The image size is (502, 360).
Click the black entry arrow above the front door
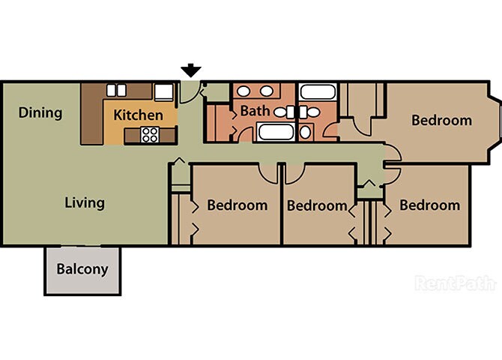tap(191, 70)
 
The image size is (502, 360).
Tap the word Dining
tap(40, 112)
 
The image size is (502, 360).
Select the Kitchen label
tap(139, 115)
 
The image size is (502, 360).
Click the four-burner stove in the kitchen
tap(150, 135)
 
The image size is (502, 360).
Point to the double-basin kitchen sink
tap(116, 90)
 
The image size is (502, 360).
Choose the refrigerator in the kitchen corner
tap(164, 92)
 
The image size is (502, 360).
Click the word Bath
tap(255, 111)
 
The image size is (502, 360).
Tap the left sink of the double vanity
tap(244, 91)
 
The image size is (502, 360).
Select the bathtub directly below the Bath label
tap(276, 132)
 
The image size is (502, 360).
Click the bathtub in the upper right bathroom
tap(318, 92)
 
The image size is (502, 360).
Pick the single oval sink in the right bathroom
tap(306, 132)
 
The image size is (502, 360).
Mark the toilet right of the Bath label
tap(284, 112)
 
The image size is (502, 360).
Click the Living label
tap(85, 203)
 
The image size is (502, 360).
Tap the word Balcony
tap(82, 269)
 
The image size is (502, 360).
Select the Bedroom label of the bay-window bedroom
tap(441, 121)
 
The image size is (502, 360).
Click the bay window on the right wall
tap(495, 123)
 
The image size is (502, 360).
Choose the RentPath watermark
tap(456, 283)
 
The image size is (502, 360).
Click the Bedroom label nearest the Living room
tap(238, 205)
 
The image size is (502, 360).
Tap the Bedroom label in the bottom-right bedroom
tap(429, 205)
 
